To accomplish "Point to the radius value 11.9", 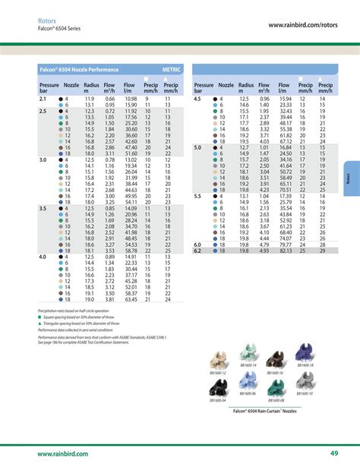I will click(89, 99).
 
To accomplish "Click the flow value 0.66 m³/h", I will click(109, 99).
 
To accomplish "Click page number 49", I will click(333, 453).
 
